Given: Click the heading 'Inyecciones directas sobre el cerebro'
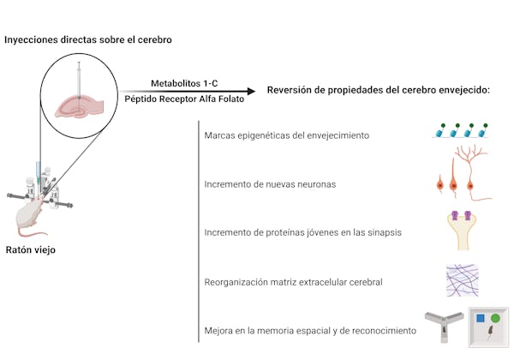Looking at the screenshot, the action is click(88, 39).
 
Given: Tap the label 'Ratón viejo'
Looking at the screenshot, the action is click(31, 249).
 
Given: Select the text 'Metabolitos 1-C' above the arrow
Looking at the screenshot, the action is click(184, 83).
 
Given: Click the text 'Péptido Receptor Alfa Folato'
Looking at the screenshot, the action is click(184, 99).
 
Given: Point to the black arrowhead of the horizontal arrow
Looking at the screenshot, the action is click(251, 91).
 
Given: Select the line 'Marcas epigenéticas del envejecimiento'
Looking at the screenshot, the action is click(286, 135).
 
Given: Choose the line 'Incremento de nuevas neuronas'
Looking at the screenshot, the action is click(270, 184).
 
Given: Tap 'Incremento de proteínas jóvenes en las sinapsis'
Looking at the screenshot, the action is click(302, 232).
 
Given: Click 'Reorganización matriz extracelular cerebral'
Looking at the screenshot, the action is click(293, 282).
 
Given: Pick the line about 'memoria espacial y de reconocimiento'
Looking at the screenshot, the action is click(310, 331).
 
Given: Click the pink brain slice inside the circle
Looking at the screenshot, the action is click(80, 106).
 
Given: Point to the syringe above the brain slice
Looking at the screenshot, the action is click(79, 80).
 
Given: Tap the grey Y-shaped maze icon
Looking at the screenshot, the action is click(444, 327).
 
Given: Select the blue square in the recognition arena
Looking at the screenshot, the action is click(481, 318).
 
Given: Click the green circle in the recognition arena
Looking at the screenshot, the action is click(495, 318).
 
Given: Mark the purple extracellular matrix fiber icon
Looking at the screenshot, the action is click(463, 280).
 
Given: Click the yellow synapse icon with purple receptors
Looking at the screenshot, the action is click(462, 231).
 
